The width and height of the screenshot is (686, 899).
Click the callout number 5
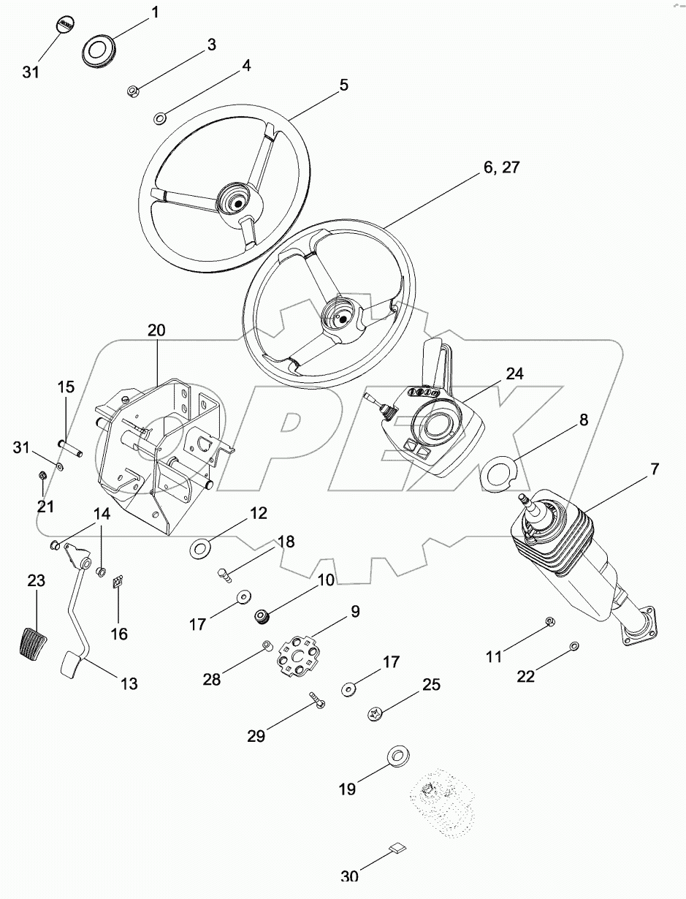pos(343,85)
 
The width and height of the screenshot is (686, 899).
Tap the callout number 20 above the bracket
pos(156,330)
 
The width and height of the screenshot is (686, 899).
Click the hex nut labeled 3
pos(133,91)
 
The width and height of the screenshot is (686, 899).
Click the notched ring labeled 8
pos(500,472)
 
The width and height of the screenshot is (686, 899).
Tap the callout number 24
pos(515,374)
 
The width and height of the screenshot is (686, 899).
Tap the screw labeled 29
pos(317,702)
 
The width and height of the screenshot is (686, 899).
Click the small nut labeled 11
pos(551,622)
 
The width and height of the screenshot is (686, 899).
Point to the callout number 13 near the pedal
pos(129,684)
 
